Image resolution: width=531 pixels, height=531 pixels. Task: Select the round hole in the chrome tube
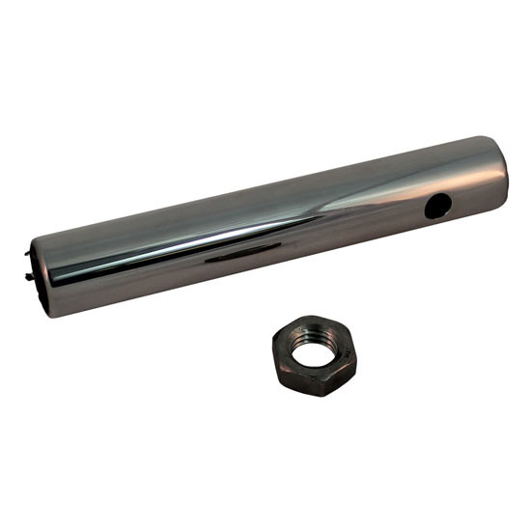click(x=437, y=204)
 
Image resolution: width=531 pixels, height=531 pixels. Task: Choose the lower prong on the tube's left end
click(x=35, y=279)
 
